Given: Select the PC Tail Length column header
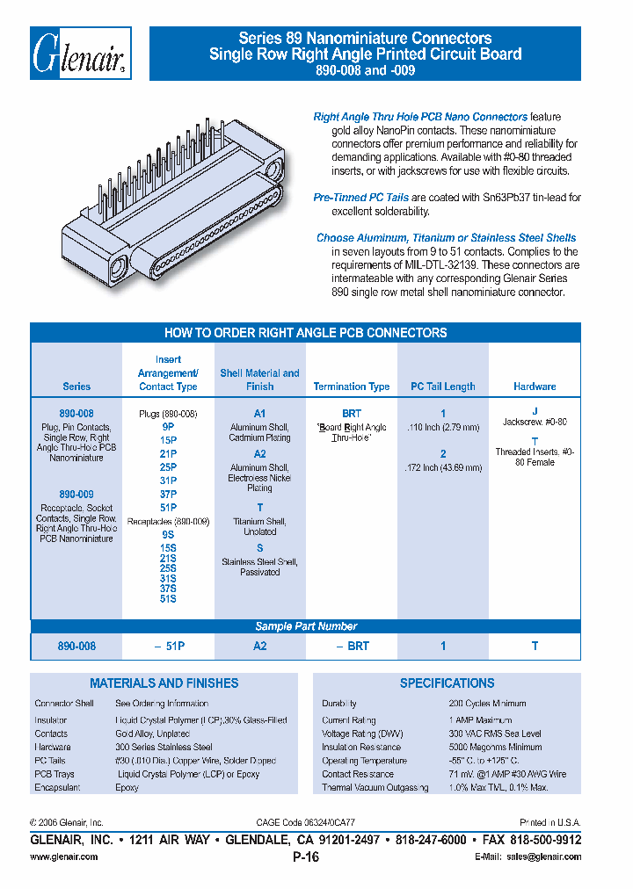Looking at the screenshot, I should (x=443, y=387).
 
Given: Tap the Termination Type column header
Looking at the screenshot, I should (x=351, y=387).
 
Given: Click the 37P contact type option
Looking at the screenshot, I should (x=168, y=495).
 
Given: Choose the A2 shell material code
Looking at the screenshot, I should (x=259, y=454).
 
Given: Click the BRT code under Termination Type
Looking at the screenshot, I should (x=351, y=413).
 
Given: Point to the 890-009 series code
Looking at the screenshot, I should (x=76, y=495).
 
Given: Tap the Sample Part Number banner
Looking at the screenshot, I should (x=306, y=626).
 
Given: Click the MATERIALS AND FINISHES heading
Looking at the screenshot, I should (x=164, y=683).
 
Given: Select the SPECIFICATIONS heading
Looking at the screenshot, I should (x=447, y=683).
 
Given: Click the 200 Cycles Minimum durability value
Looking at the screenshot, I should (x=487, y=704).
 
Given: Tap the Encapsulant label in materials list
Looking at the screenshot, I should (x=57, y=788).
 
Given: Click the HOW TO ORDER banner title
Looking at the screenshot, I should (x=306, y=333).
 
